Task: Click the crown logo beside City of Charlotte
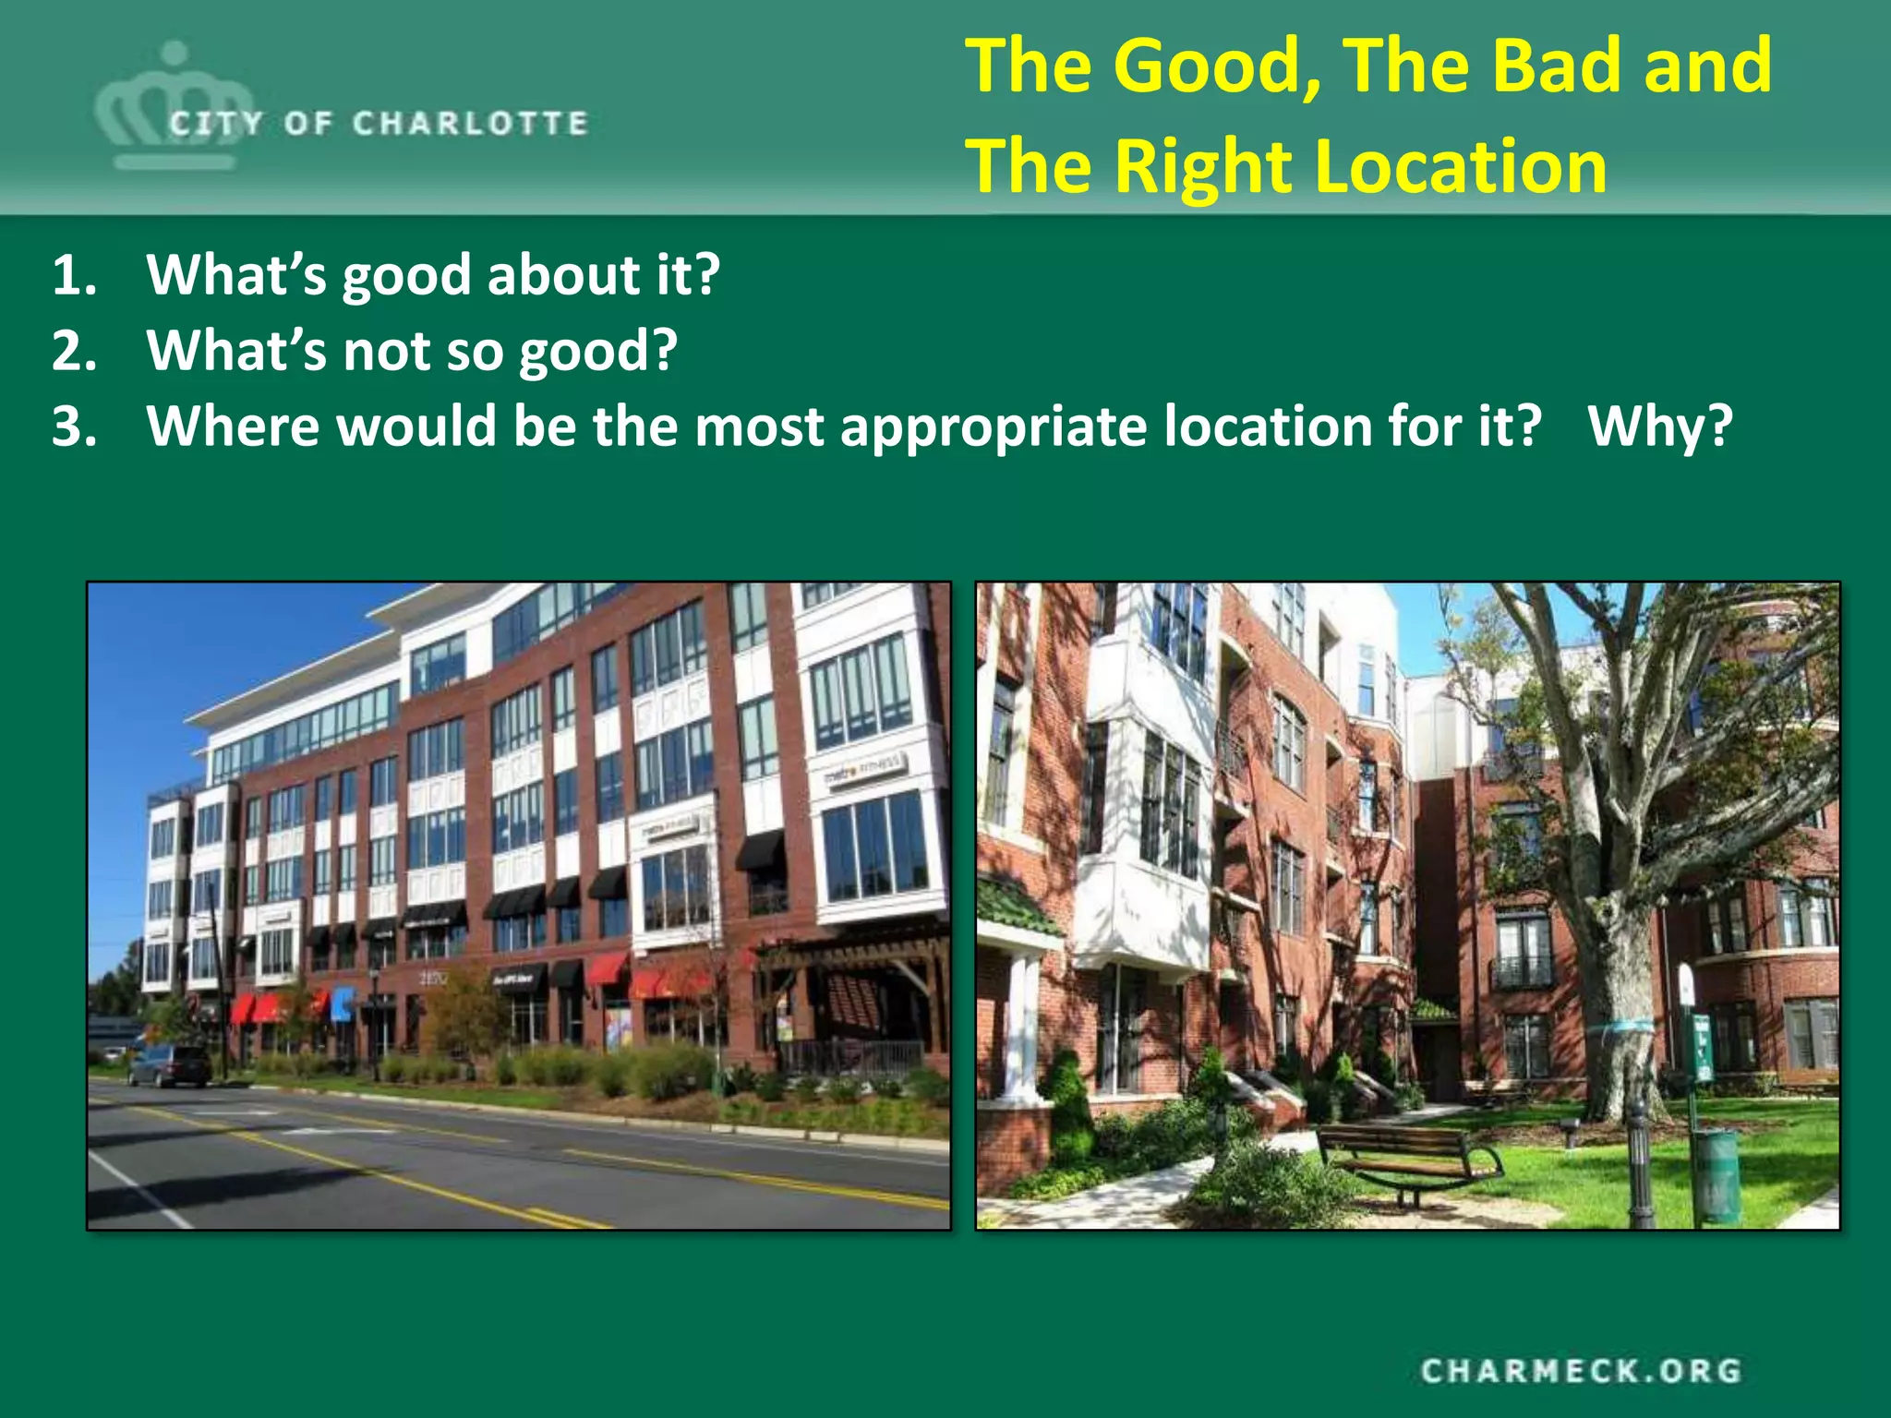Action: click(x=174, y=106)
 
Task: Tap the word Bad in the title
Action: click(x=1560, y=66)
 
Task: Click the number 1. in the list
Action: click(x=74, y=275)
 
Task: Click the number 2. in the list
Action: click(x=74, y=351)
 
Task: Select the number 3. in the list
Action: click(x=74, y=427)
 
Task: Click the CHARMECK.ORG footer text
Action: click(x=1581, y=1371)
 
